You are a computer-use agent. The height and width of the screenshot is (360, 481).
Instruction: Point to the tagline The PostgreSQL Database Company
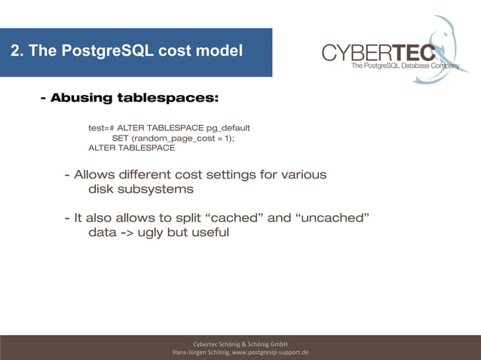[x=405, y=66]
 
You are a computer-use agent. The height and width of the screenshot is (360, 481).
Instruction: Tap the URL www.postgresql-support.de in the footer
[x=271, y=352]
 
